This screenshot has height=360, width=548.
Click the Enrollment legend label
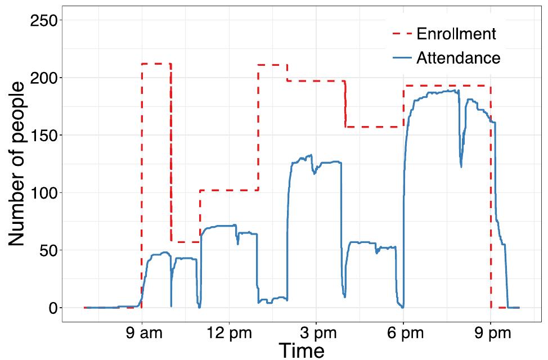tap(456, 34)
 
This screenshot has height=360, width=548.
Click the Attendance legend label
tap(458, 58)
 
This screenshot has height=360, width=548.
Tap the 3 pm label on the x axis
tap(316, 333)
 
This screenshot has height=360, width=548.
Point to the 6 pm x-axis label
tap(403, 333)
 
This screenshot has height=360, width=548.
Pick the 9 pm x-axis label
tap(491, 333)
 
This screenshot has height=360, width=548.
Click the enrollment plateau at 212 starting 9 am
tap(156, 64)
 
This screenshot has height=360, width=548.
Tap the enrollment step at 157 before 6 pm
tap(374, 127)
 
